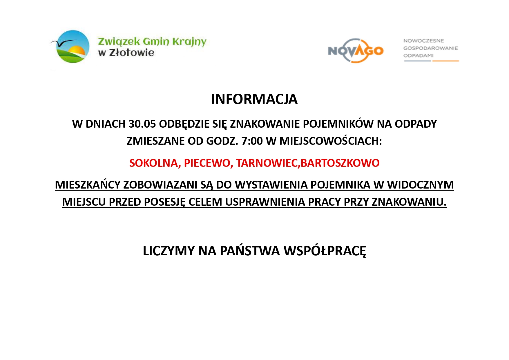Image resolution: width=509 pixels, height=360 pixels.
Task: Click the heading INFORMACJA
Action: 254,99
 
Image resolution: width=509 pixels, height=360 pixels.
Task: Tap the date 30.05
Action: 142,124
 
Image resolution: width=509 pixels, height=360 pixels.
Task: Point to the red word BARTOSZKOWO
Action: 340,163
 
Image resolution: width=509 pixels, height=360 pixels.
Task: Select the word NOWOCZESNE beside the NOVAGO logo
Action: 423,41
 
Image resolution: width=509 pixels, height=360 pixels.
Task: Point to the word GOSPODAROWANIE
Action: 431,48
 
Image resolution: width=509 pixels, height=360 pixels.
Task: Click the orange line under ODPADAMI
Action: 446,61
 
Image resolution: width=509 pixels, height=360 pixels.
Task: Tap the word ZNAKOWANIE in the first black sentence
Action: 265,124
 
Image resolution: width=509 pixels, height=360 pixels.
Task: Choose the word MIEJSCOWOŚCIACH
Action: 331,141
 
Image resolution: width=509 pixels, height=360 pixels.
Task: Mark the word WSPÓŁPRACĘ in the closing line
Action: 325,251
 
